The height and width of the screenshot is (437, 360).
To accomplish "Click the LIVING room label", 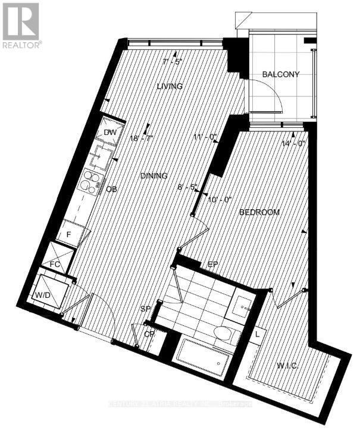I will (x=170, y=86).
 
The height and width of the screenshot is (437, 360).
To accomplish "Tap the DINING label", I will (x=154, y=176).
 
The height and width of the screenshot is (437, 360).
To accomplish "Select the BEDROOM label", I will (x=259, y=212).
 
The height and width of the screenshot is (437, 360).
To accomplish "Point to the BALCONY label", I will (x=280, y=74).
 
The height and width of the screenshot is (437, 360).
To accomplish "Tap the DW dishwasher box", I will (x=110, y=133).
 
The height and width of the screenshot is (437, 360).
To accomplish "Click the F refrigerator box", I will (x=70, y=234).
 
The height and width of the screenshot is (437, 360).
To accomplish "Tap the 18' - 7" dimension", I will (x=141, y=139).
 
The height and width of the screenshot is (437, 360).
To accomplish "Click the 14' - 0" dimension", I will (x=293, y=143).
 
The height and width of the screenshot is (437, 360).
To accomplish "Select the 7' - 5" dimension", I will (x=173, y=61).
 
